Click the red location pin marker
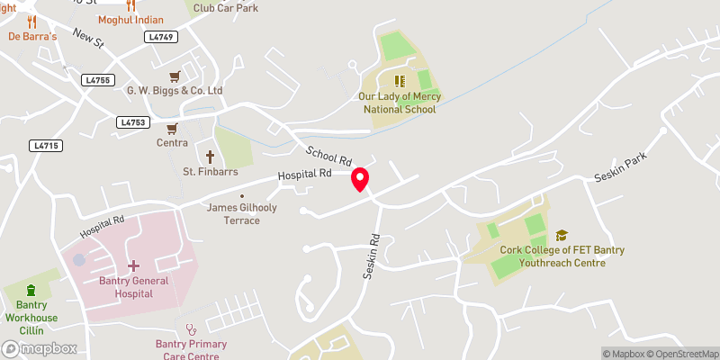[360, 179]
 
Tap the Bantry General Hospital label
[133, 287]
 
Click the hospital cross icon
[133, 266]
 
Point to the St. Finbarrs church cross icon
[211, 156]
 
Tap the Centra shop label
[172, 143]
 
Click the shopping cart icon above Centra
[172, 128]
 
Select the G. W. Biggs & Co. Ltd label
[175, 91]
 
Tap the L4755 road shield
[98, 80]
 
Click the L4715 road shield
[45, 145]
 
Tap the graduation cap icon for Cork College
[562, 235]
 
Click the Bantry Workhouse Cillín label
[31, 311]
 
